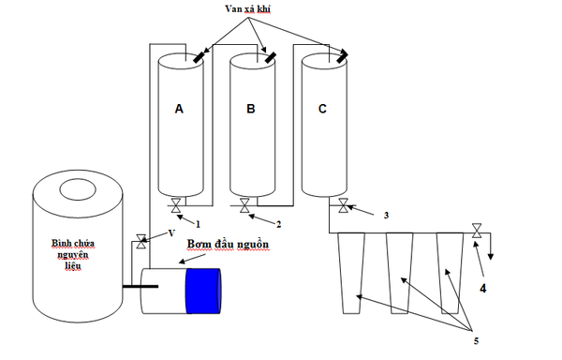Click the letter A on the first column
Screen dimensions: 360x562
179,109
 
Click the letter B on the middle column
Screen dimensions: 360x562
251,109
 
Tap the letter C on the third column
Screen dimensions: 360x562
323,109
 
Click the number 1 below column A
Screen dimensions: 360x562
199,223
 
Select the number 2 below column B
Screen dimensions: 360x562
278,223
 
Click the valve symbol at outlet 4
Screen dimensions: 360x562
478,230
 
